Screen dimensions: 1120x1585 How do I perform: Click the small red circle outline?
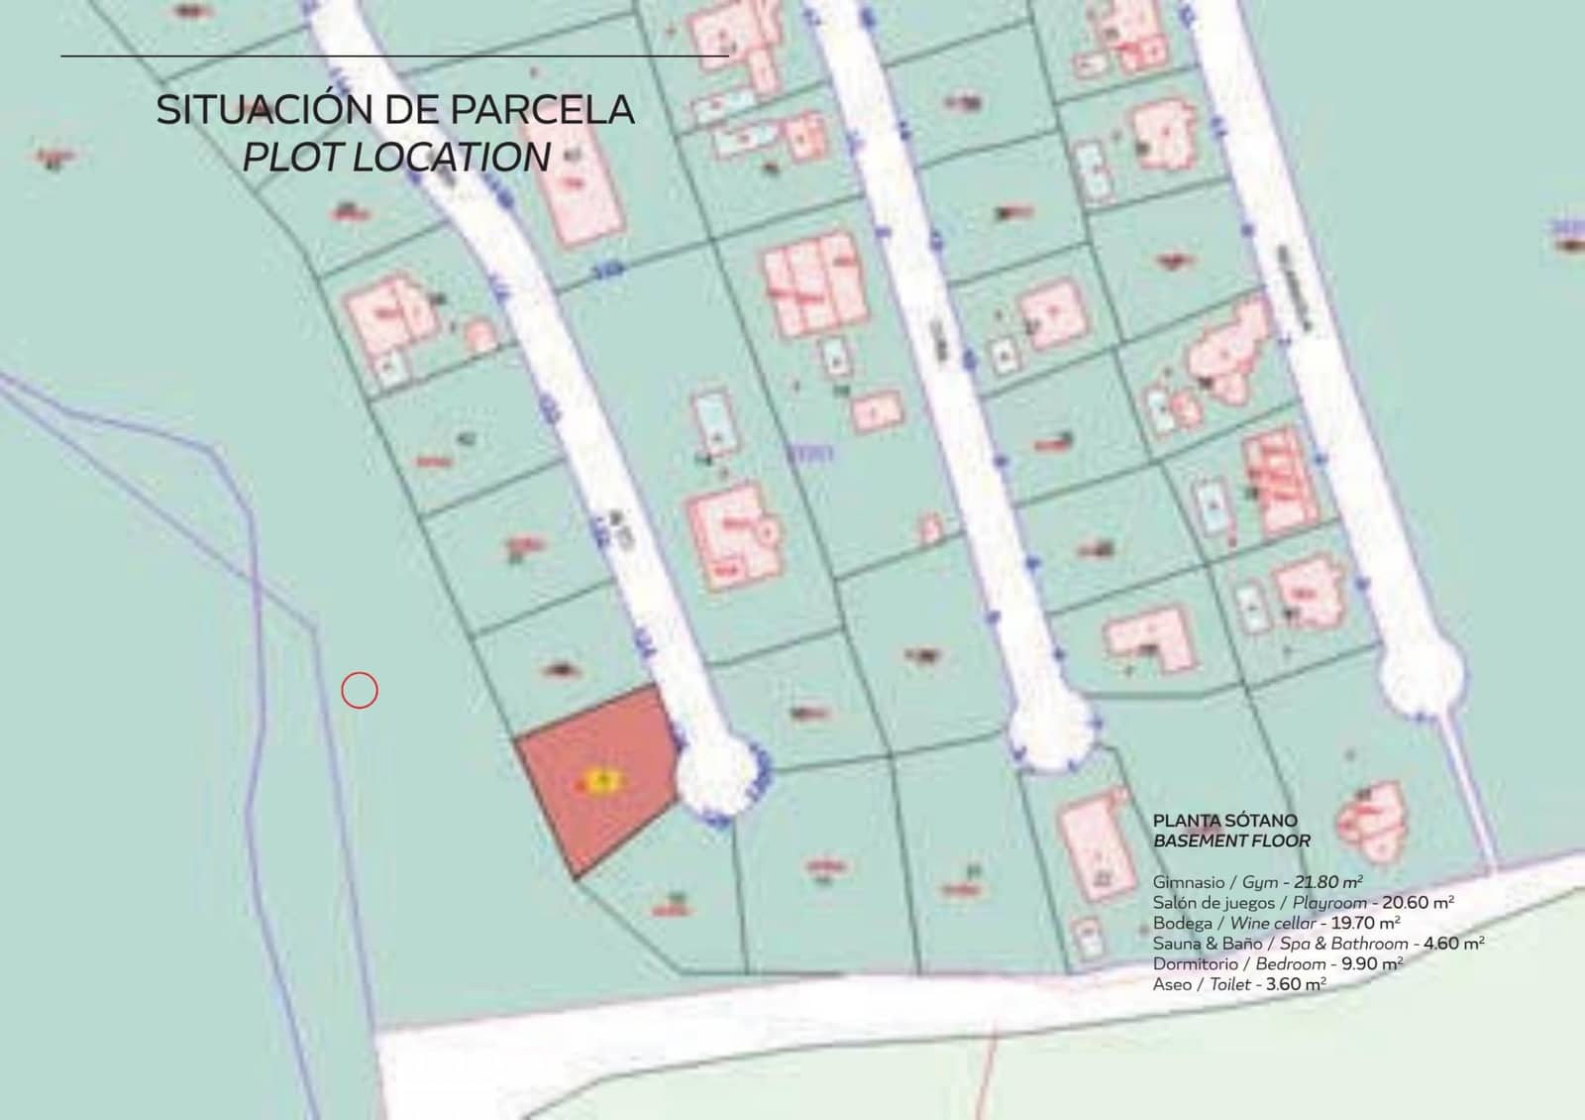pos(360,690)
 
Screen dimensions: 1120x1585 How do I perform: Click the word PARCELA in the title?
pos(542,110)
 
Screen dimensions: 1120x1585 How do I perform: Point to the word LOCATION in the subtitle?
pos(452,158)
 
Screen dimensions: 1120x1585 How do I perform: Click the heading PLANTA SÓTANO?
pos(1224,821)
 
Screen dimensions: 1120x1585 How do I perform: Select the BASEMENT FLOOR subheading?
pos(1231,841)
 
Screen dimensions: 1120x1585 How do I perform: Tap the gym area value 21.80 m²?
pos(1328,881)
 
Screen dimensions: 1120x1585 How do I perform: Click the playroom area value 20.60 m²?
pos(1418,902)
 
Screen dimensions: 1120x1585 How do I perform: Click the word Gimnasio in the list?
pos(1189,881)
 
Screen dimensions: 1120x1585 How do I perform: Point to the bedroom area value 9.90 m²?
pos(1372,963)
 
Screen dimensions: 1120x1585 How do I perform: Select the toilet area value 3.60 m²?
pos(1296,984)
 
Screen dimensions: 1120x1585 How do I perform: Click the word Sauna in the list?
pos(1176,944)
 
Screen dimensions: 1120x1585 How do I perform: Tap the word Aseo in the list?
pos(1172,984)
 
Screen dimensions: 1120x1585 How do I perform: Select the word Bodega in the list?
pos(1182,923)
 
